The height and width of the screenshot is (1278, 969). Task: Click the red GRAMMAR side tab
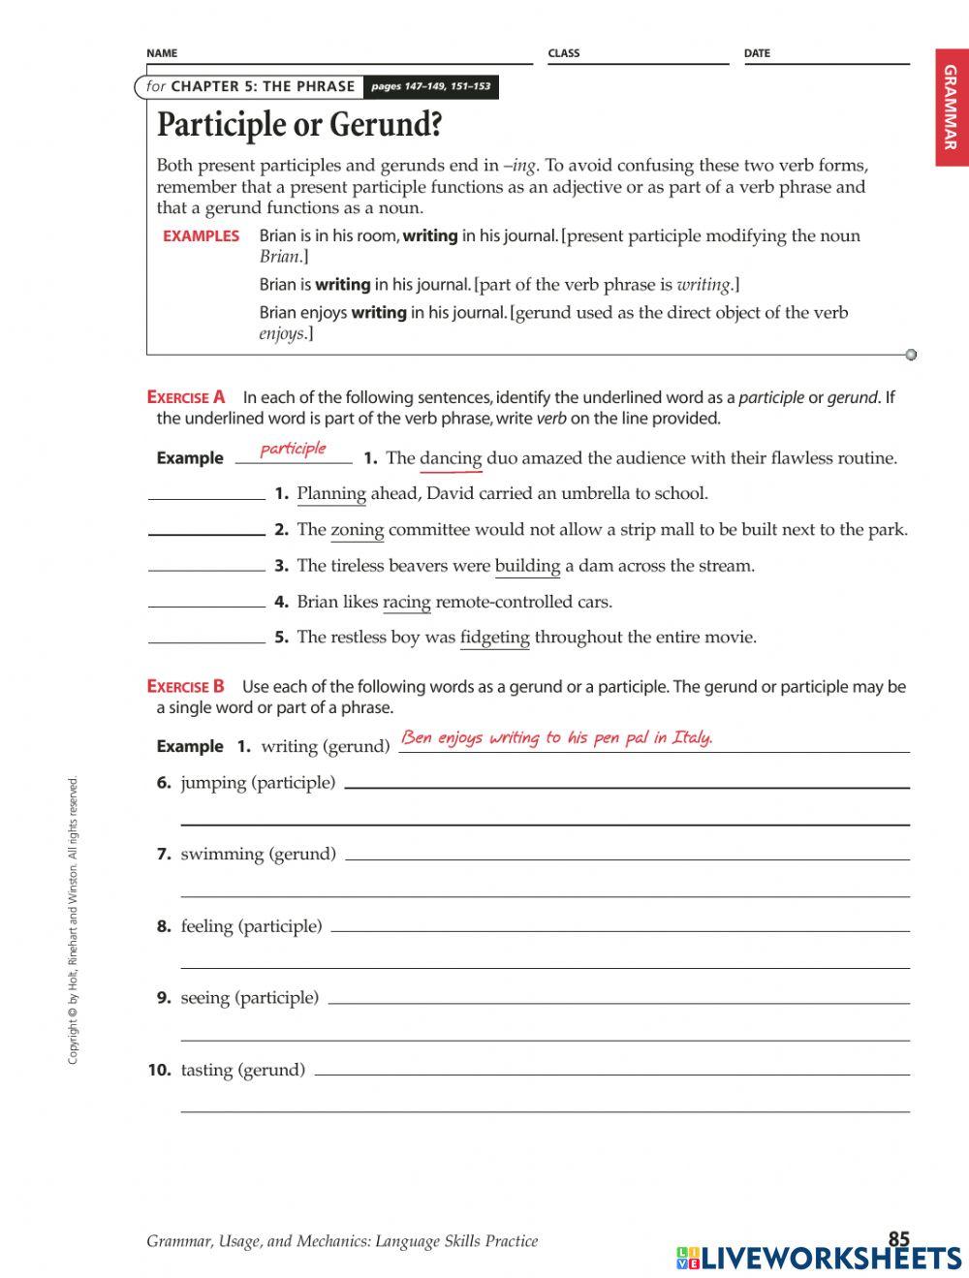coord(951,108)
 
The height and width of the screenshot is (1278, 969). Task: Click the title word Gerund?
coord(386,125)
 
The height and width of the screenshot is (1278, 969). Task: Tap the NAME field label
coord(162,53)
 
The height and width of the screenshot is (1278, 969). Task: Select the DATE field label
coord(757,53)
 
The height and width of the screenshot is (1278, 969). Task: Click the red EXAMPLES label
coord(201,236)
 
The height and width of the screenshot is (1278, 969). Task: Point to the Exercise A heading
coord(186,397)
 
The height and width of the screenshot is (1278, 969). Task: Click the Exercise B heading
coord(186,687)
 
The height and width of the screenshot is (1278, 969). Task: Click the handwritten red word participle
coord(294,449)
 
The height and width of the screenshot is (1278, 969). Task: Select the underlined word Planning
coord(331,494)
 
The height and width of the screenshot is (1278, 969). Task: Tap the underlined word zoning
coord(358,530)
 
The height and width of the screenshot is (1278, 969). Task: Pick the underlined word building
coord(527,566)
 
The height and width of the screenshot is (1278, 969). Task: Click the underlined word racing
coord(406,602)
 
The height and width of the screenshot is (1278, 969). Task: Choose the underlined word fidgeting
coord(494,638)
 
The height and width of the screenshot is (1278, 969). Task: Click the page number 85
coord(898,1238)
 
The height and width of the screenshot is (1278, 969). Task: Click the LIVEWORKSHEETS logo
coord(819,1258)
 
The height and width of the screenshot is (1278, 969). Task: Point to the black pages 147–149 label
coord(430,87)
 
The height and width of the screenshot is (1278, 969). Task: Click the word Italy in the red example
coord(692,737)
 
